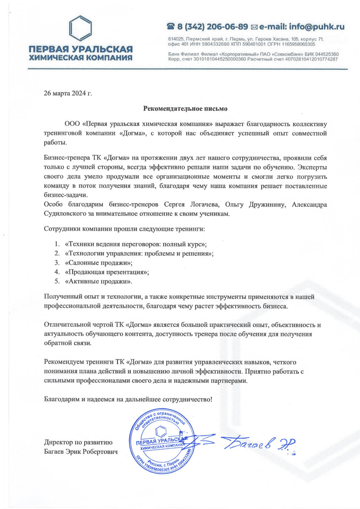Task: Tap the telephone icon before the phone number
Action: [x=171, y=27]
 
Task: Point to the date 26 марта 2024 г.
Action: [x=68, y=93]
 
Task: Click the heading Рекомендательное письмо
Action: [x=185, y=108]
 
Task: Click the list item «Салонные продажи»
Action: [x=98, y=262]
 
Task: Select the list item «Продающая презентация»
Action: [x=107, y=272]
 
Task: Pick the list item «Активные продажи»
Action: [x=98, y=281]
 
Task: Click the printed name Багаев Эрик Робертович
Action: [x=81, y=452]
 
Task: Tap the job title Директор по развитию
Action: [x=78, y=442]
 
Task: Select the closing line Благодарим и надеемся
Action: [x=128, y=399]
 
